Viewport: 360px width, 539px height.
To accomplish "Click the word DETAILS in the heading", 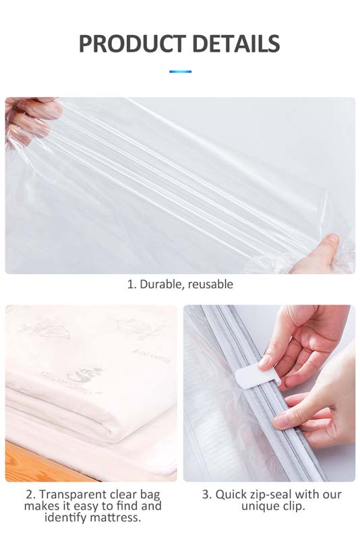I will (235, 44).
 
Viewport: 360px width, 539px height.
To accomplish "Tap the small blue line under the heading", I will (180, 71).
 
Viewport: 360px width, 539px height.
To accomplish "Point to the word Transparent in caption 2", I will (71, 495).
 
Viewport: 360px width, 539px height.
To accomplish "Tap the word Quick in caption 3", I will (231, 495).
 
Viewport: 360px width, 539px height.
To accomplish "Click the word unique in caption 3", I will (260, 505).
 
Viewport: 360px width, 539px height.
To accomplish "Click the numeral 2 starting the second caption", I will (28, 495).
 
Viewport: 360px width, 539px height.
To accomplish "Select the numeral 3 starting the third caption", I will (205, 495).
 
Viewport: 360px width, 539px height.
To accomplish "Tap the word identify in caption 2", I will (68, 517).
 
